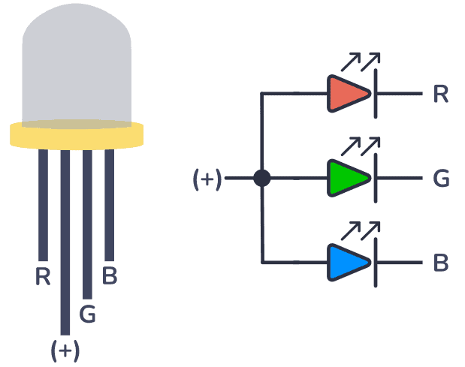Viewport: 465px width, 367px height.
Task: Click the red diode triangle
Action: coord(347,94)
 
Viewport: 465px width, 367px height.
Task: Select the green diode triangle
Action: coord(347,178)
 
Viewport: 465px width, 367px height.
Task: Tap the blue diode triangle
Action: coord(347,262)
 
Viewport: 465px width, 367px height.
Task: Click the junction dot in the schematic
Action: coord(261,178)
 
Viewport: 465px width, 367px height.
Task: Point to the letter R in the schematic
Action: coord(441,95)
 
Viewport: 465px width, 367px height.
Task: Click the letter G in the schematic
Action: coord(442,179)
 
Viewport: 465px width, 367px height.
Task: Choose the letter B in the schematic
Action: coord(441,263)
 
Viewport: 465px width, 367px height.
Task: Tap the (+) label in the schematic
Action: coord(207,179)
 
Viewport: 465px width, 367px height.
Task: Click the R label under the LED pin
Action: coord(43,277)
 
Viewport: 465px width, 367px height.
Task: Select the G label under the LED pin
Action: coord(87,314)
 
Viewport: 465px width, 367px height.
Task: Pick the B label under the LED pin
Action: coord(110,276)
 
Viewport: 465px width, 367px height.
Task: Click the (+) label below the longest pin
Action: coord(65,350)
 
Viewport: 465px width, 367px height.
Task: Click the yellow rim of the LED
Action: coord(77,135)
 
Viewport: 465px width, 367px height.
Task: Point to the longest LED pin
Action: coord(65,240)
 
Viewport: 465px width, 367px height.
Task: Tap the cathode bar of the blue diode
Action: coord(374,262)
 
